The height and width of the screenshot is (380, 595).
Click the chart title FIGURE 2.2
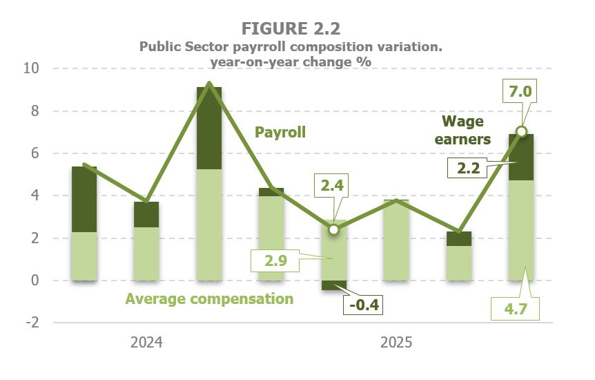click(290, 28)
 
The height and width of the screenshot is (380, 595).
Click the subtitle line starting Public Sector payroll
click(290, 46)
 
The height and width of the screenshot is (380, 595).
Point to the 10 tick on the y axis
click(33, 69)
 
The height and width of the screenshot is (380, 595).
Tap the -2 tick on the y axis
click(33, 323)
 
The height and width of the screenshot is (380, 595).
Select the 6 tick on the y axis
click(35, 153)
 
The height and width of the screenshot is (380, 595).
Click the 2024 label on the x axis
click(146, 343)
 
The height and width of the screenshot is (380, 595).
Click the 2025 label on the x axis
click(396, 343)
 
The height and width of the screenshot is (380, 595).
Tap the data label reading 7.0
click(521, 91)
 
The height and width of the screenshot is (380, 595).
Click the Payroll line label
click(280, 132)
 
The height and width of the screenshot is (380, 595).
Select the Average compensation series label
click(209, 299)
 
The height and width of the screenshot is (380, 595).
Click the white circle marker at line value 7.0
click(522, 131)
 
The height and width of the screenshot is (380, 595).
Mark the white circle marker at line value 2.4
click(334, 229)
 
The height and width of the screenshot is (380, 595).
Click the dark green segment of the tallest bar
click(209, 128)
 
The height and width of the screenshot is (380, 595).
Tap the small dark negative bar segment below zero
click(334, 285)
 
